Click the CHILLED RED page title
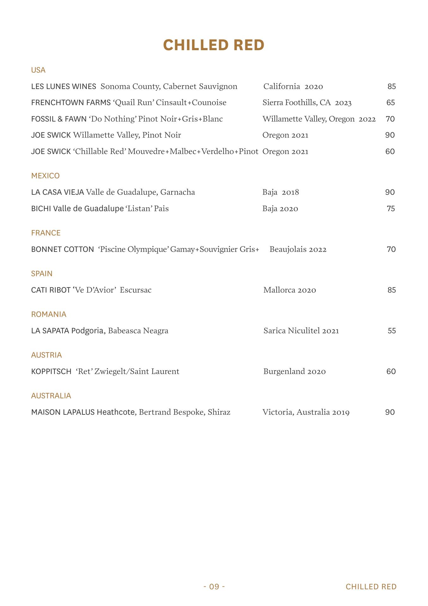click(x=214, y=45)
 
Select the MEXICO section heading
click(x=45, y=176)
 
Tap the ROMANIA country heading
click(x=49, y=314)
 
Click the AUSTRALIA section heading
click(x=51, y=396)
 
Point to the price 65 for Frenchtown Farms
click(x=390, y=103)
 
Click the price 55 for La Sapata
click(x=392, y=331)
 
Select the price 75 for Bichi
click(x=391, y=209)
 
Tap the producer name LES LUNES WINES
click(x=64, y=86)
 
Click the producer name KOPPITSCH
click(x=51, y=371)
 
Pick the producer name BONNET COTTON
click(x=63, y=249)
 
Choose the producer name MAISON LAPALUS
click(x=63, y=412)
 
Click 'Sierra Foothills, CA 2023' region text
click(x=307, y=103)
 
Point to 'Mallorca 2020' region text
click(x=290, y=290)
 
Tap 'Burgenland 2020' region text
click(x=294, y=371)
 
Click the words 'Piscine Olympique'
click(x=134, y=249)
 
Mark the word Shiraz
click(x=219, y=412)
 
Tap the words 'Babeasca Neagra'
click(x=138, y=331)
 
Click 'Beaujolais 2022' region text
click(x=298, y=249)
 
